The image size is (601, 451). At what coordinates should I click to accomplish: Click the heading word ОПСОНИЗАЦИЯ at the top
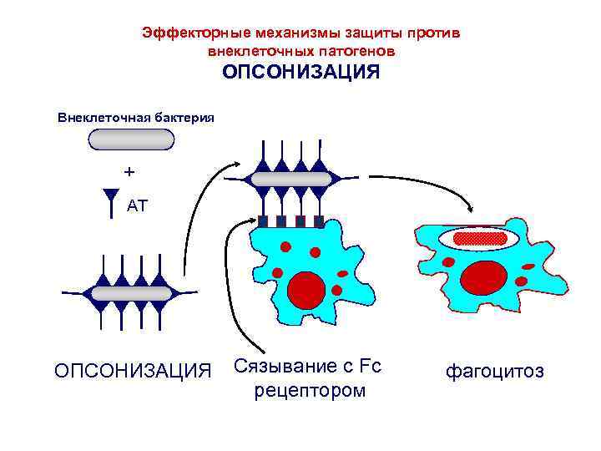300,73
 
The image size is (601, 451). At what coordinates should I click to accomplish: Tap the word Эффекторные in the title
185,33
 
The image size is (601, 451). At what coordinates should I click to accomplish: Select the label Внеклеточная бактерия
135,118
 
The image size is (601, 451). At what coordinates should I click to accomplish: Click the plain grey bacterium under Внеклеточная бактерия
131,139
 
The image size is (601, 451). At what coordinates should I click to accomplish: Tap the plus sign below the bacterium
129,172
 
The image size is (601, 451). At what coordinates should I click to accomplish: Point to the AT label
138,205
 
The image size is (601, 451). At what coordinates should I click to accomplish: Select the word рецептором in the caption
311,391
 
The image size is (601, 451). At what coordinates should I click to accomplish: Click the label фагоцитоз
494,370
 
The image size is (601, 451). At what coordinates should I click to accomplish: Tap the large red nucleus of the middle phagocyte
306,288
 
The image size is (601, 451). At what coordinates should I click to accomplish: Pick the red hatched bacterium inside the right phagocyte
480,238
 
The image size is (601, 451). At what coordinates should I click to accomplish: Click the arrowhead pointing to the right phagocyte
473,209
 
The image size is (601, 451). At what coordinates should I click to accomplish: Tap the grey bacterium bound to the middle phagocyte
290,179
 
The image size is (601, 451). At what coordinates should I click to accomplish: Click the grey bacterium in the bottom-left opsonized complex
131,293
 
